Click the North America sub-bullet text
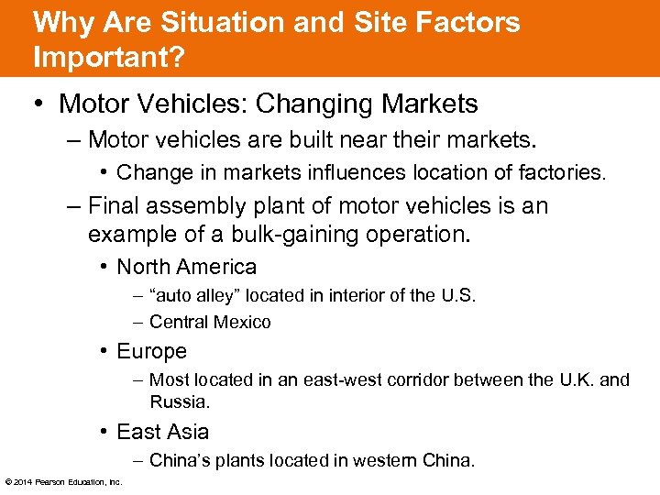coord(186,267)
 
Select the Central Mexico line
coord(210,322)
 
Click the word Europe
coord(151,351)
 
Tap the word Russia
coord(179,401)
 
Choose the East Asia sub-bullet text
coord(162,432)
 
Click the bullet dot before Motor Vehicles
coord(38,104)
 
